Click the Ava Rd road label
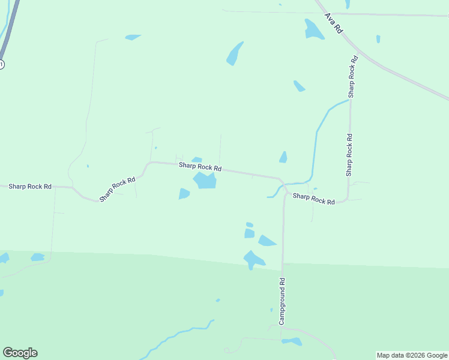(333, 23)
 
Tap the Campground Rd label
(282, 301)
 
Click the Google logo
(20, 353)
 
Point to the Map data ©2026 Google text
(412, 355)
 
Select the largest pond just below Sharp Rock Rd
(205, 180)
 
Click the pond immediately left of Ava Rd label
(313, 29)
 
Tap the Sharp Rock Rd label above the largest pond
(200, 167)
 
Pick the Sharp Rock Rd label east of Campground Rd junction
(313, 199)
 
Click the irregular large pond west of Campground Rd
(254, 259)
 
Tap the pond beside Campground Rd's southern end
(292, 341)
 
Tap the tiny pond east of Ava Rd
(378, 39)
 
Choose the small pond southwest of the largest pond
(184, 194)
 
